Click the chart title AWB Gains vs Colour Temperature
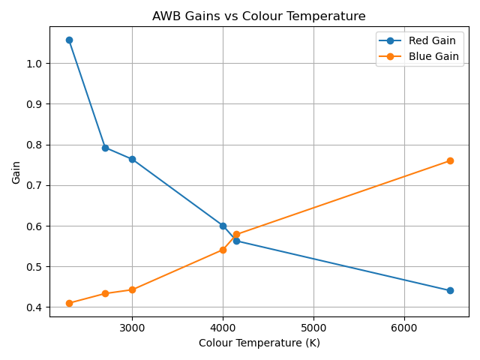tap(259, 16)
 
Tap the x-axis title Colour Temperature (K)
tap(259, 343)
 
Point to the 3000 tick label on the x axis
tap(132, 328)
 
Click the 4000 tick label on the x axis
tap(223, 328)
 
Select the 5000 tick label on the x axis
tap(313, 328)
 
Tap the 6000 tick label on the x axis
tap(404, 328)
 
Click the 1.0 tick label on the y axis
tap(34, 64)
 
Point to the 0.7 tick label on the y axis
tap(34, 185)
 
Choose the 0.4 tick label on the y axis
tap(34, 307)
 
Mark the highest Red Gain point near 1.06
tap(69, 40)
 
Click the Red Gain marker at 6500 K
tap(450, 290)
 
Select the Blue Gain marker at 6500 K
tap(450, 160)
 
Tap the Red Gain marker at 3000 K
tap(132, 159)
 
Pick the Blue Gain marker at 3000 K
tap(132, 289)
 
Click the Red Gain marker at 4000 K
tap(223, 226)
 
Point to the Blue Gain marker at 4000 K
tap(223, 250)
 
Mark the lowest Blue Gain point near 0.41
tap(69, 303)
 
